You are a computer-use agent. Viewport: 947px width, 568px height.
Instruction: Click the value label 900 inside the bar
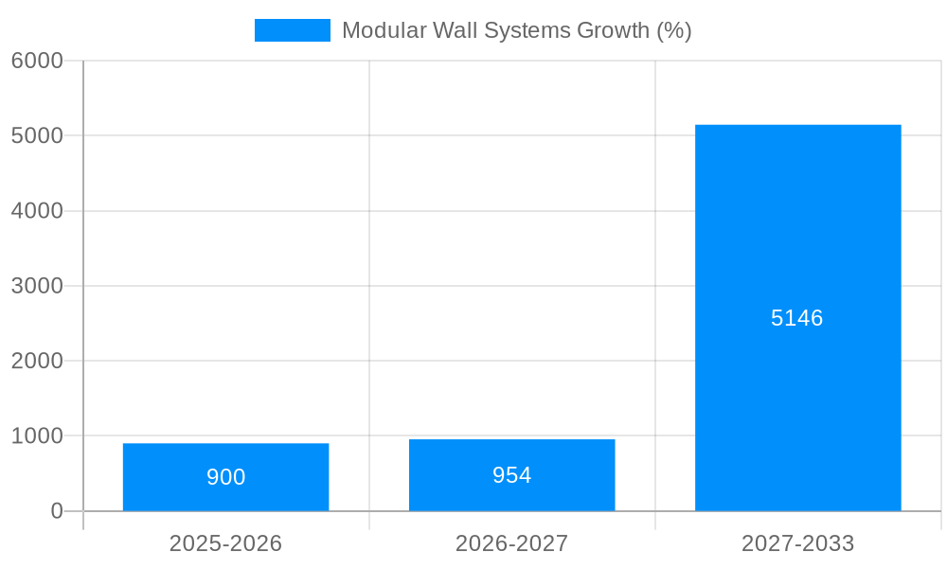tap(225, 477)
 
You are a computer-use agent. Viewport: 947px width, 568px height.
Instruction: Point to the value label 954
tap(511, 475)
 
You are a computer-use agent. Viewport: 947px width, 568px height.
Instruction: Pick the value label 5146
tap(797, 318)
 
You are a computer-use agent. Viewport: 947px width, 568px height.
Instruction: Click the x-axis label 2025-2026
tap(225, 543)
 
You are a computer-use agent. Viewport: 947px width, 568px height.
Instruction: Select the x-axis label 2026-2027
tap(511, 543)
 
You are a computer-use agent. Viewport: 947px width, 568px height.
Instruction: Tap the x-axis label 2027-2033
tap(797, 543)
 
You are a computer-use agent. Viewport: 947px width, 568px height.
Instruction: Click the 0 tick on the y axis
tap(56, 511)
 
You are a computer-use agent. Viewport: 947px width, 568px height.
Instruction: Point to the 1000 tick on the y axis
tap(37, 436)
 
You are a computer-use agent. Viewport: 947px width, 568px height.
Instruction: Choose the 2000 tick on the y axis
tap(37, 361)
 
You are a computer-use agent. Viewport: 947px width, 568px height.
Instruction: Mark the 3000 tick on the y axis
tap(37, 286)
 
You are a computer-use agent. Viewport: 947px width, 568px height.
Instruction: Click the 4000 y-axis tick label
tap(37, 211)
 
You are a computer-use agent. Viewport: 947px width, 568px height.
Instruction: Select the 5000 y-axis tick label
tap(37, 135)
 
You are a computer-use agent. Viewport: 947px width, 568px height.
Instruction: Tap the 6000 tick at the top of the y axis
tap(37, 61)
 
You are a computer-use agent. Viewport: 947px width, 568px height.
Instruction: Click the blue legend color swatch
tap(292, 30)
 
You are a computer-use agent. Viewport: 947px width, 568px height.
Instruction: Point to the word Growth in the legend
tap(615, 30)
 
